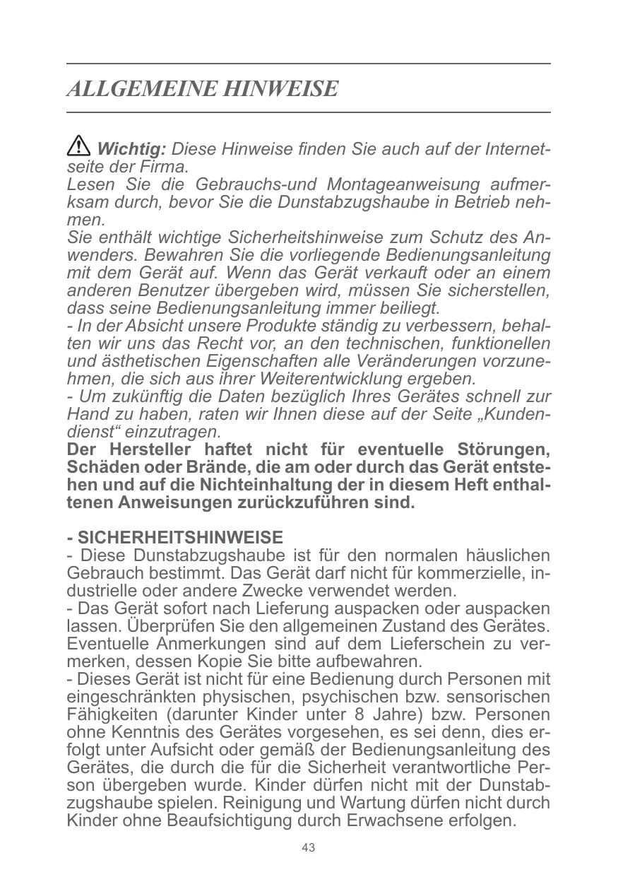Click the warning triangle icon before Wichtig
coord(78,148)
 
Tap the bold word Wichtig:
coord(131,150)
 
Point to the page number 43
coord(308,848)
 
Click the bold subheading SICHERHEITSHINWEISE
coord(179,537)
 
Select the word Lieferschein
coord(430,644)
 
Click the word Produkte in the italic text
coord(278,326)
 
